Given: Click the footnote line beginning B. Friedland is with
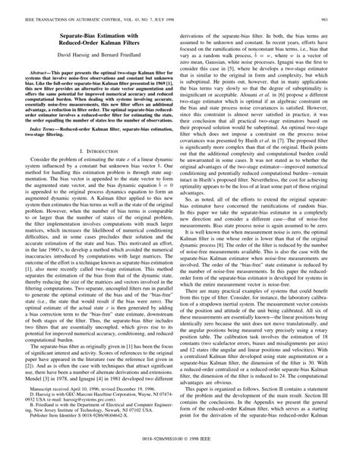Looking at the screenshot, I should pos(99,424).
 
